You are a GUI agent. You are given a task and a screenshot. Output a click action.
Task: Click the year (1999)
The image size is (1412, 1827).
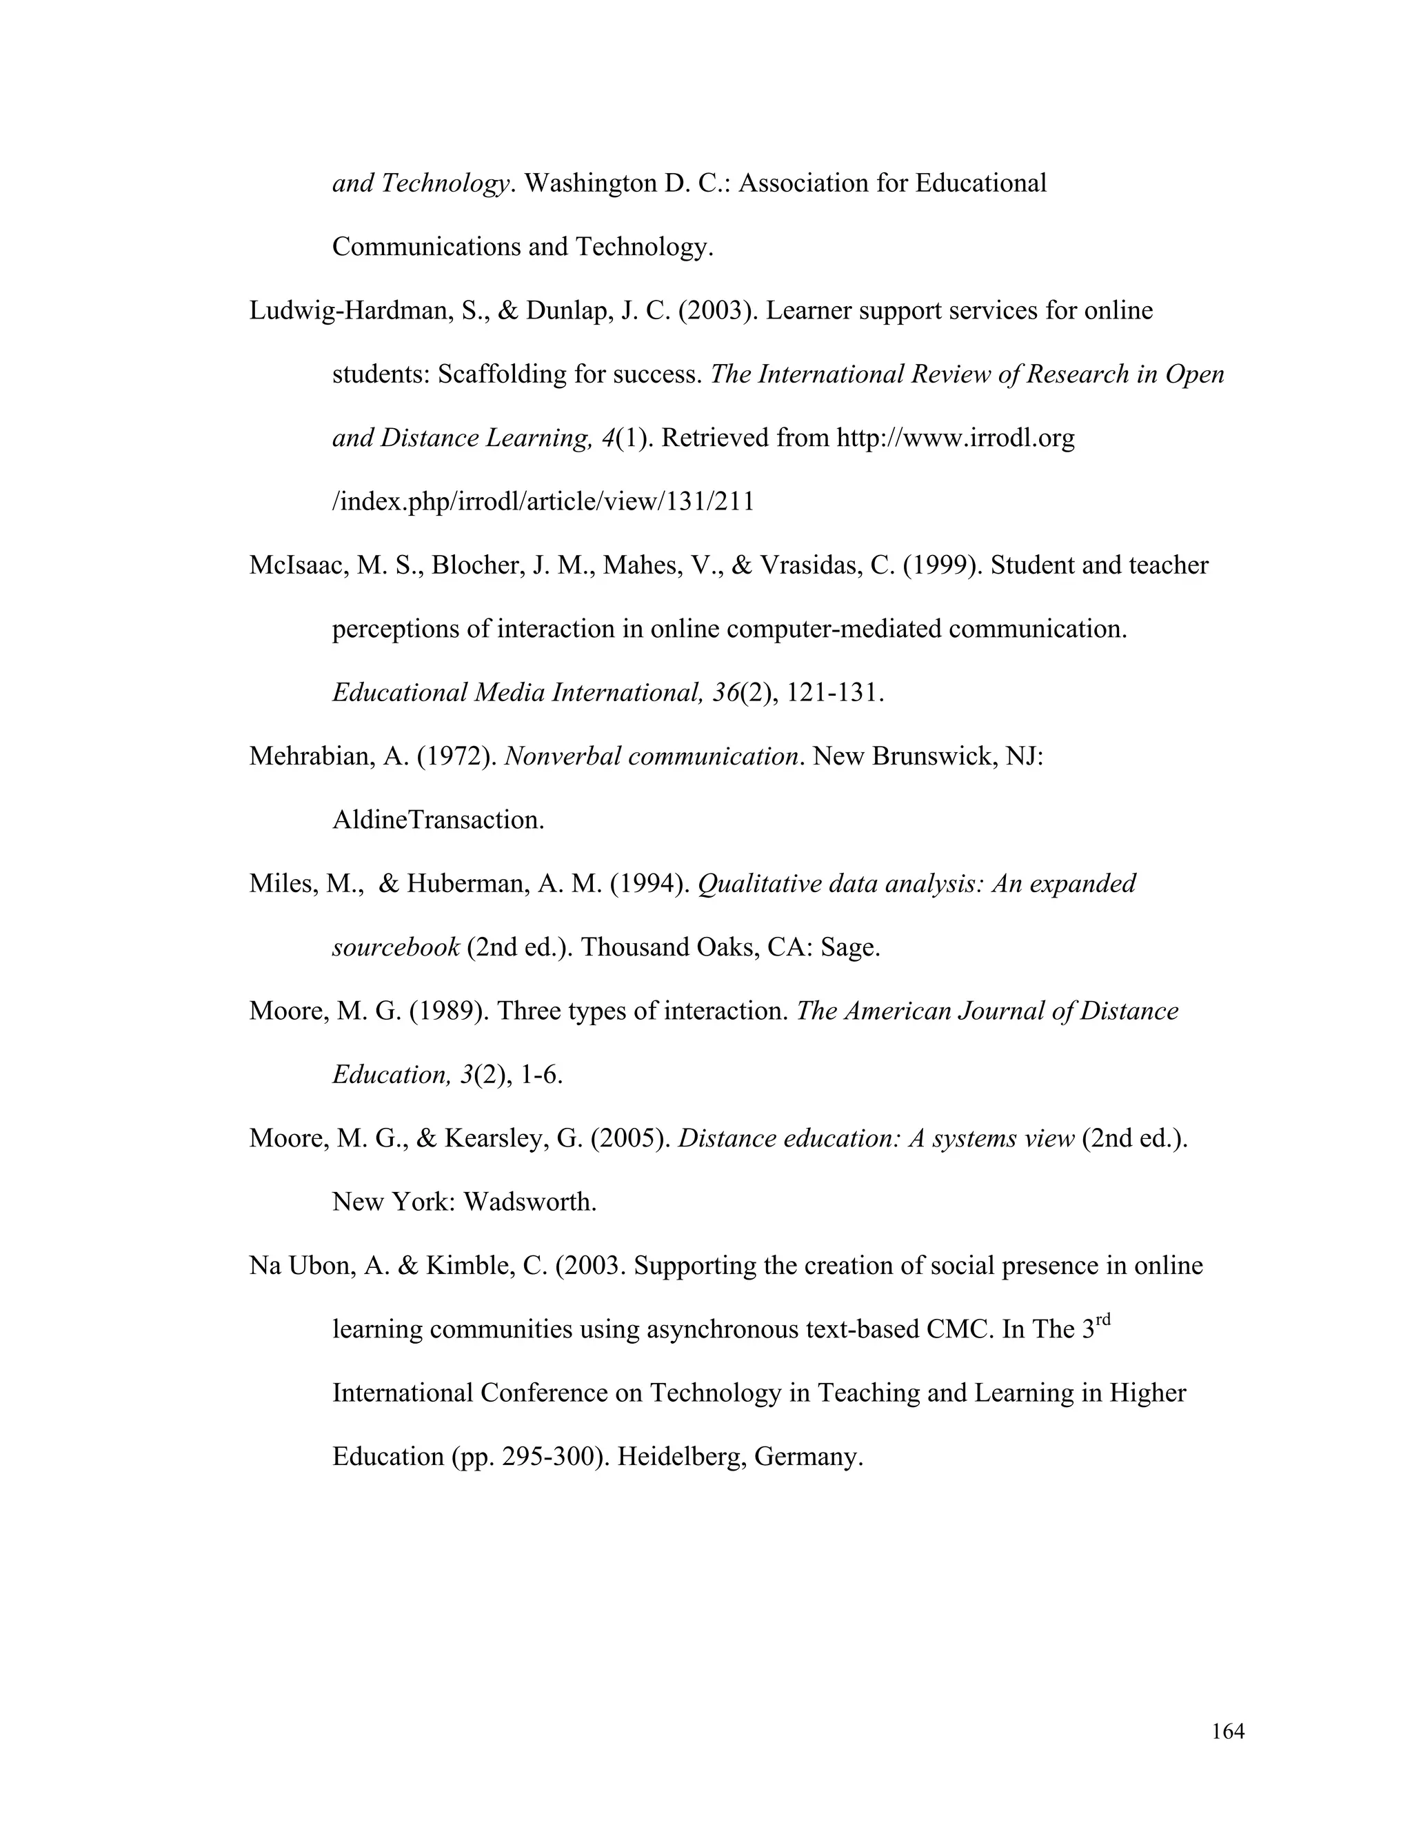[942, 566]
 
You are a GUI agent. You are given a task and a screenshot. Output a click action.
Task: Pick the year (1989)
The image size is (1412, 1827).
[450, 1012]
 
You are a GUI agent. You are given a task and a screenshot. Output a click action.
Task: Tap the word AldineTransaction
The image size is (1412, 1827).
[438, 820]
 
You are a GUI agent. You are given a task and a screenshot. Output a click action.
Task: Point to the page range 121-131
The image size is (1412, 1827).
[834, 694]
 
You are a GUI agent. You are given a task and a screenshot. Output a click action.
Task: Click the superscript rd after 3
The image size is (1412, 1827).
[1103, 1320]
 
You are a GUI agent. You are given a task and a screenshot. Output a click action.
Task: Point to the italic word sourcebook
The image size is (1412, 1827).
[396, 949]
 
